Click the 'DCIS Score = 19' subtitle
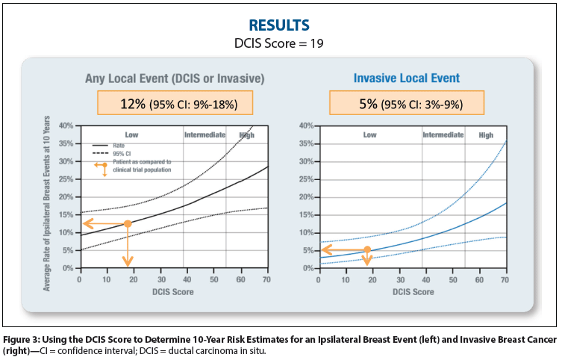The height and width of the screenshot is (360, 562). click(279, 44)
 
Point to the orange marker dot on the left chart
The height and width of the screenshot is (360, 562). click(128, 223)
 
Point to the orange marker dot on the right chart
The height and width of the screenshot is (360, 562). click(367, 249)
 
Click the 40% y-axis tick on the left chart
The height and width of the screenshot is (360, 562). click(66, 125)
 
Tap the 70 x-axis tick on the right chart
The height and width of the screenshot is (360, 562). click(505, 279)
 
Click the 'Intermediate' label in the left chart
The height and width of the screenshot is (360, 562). click(204, 135)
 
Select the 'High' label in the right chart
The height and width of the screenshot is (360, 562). click(486, 135)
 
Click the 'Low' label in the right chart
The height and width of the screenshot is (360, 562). click(369, 135)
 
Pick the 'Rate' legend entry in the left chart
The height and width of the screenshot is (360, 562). click(119, 146)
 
